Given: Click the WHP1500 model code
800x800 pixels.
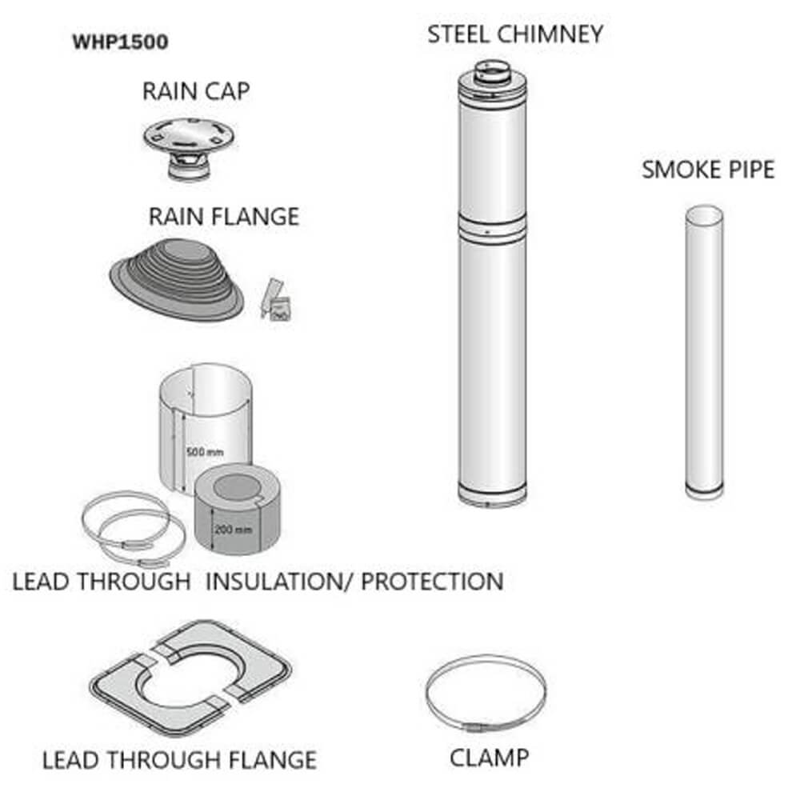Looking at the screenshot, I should (120, 42).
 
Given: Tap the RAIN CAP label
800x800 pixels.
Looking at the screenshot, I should (196, 91).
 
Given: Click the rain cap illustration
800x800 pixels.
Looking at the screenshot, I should (190, 144).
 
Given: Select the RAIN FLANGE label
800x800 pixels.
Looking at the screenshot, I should (223, 217).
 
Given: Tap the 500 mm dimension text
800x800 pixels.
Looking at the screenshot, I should (205, 452).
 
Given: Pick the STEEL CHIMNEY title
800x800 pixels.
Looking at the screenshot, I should (515, 34).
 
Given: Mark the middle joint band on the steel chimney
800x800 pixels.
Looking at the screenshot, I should (492, 226).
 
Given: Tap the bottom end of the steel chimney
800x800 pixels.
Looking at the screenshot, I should (492, 496).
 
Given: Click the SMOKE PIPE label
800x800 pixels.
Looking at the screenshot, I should (708, 170).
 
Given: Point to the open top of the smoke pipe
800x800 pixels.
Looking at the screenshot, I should (705, 213).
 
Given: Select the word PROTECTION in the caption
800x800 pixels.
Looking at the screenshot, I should (432, 582).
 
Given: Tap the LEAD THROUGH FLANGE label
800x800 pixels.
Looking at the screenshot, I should (179, 759).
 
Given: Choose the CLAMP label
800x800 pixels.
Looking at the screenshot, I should (489, 757).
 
